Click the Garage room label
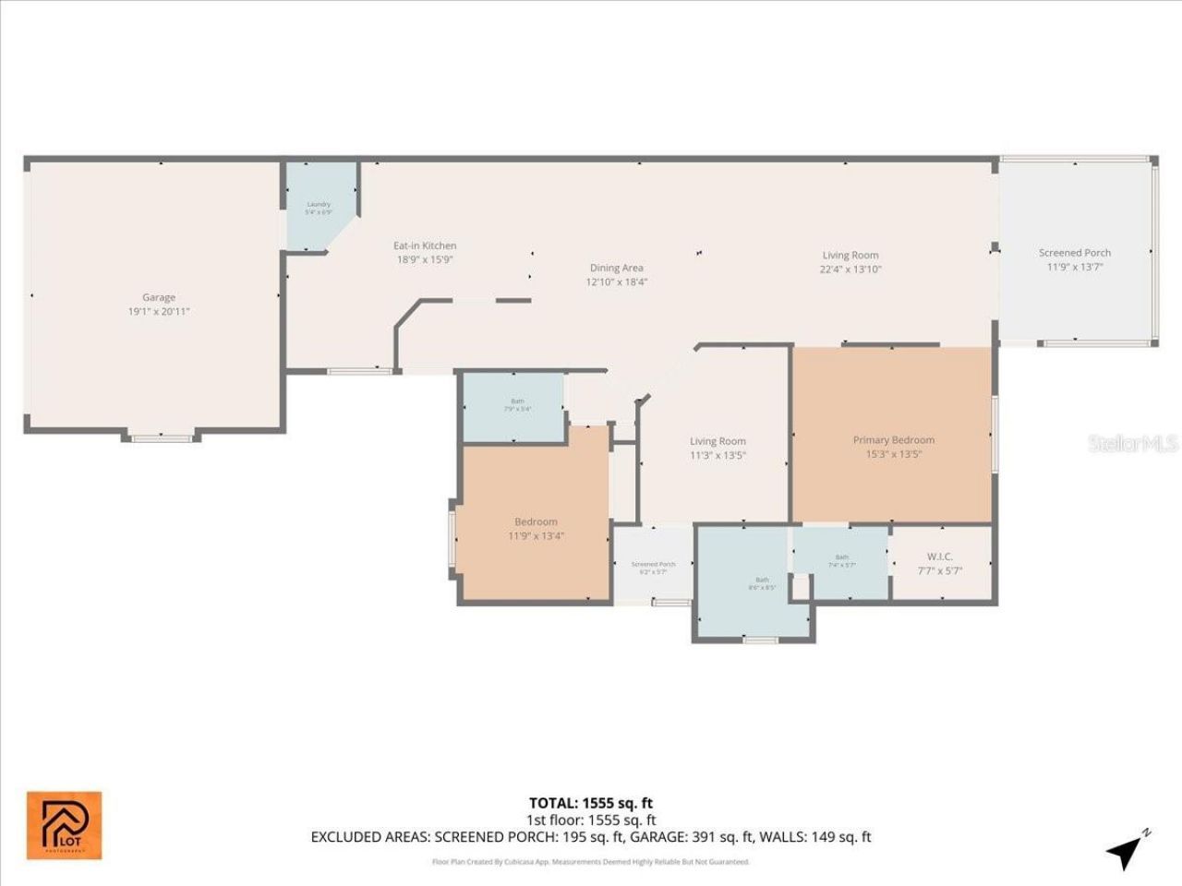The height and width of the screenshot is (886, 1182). pos(159,298)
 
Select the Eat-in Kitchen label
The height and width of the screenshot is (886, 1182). pos(425,245)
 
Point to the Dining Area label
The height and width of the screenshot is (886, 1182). pos(616,269)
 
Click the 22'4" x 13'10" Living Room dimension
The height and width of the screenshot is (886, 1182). pos(850,269)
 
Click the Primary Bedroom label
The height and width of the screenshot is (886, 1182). pos(893,440)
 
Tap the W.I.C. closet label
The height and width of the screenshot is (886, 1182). pos(940,557)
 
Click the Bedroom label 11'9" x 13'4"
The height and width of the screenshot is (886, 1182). pos(536,522)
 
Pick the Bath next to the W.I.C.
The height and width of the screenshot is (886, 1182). pos(841,560)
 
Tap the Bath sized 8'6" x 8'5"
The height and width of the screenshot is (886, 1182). pos(762,583)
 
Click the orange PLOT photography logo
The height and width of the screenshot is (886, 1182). pos(64,825)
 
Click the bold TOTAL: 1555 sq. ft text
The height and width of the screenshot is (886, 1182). pos(590,803)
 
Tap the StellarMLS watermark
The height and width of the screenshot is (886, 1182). pos(1133,444)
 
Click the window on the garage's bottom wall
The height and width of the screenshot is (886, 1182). pos(162,437)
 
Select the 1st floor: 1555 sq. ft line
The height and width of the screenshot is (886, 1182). pos(590,820)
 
